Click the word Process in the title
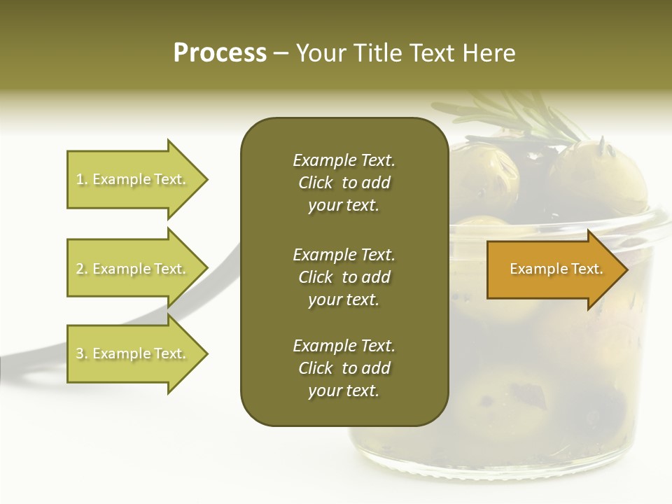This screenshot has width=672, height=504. tap(220, 53)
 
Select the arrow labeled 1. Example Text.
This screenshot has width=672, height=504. tap(133, 179)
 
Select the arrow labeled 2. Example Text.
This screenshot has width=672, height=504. tap(133, 269)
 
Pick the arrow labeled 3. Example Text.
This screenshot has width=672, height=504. tap(133, 353)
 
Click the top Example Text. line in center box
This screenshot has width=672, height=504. tap(344, 160)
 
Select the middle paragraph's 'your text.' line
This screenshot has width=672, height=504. tap(344, 300)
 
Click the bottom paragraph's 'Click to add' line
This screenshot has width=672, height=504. tap(344, 368)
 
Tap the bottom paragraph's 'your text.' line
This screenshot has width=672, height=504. tap(344, 391)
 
